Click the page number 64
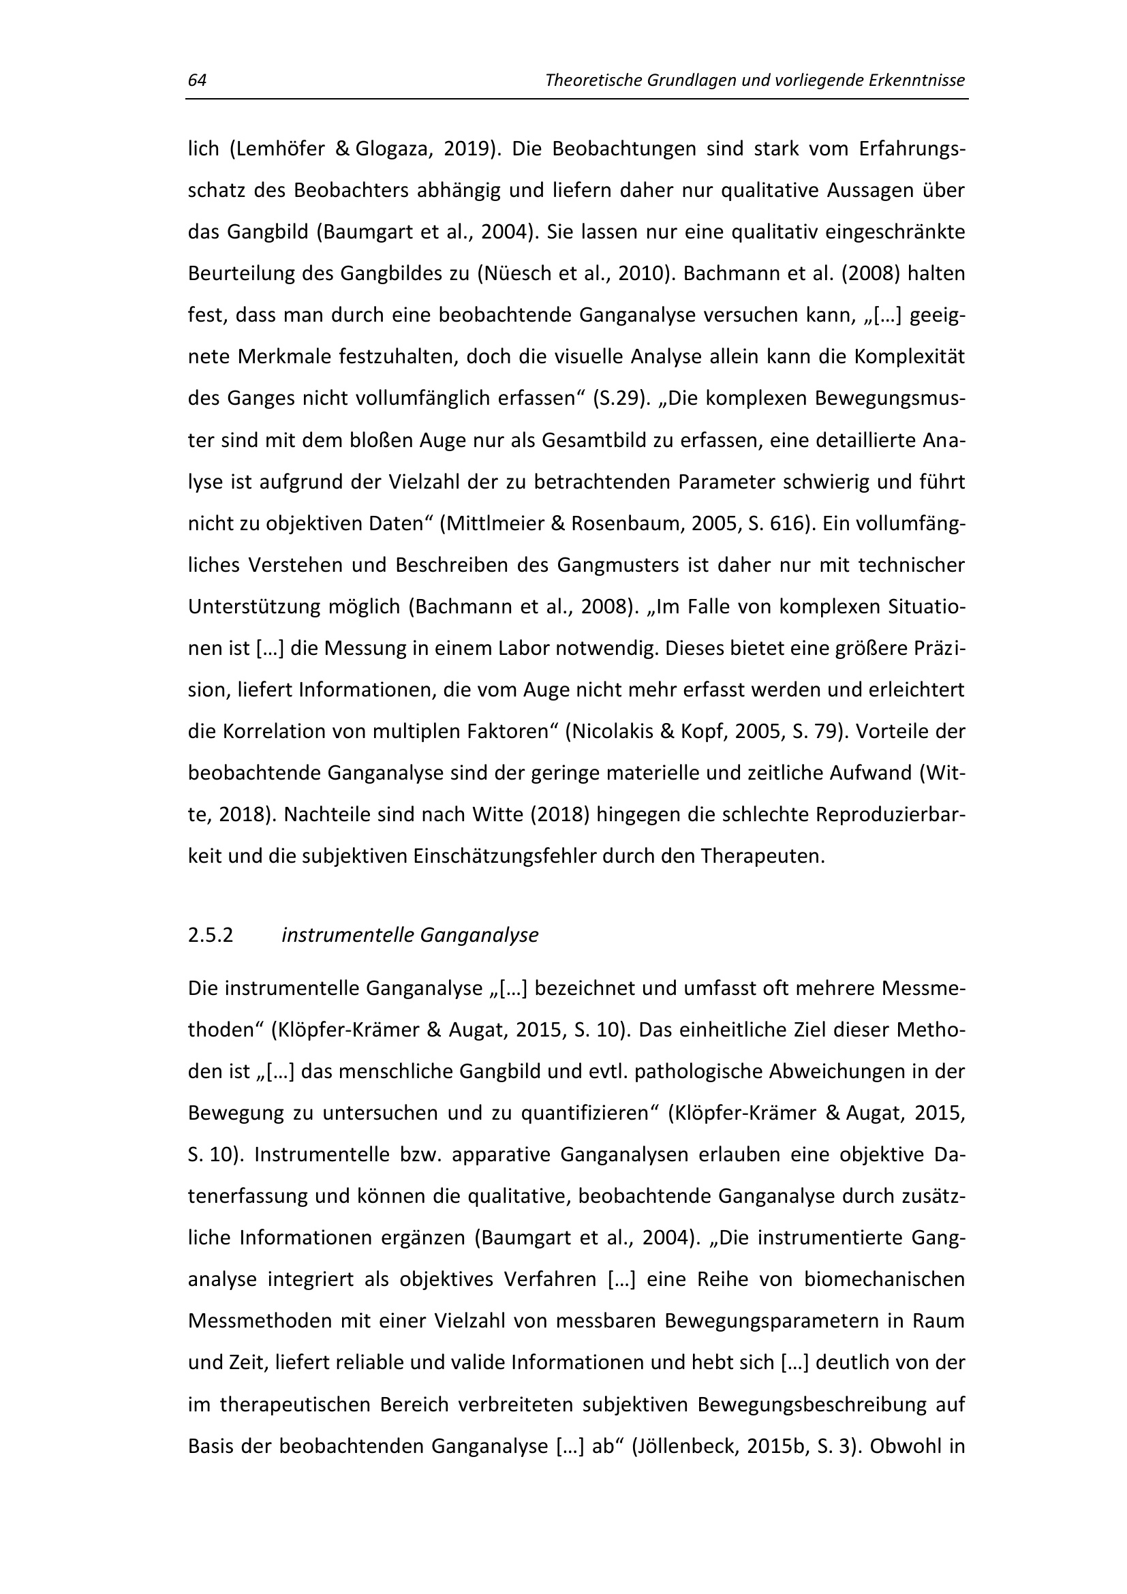pyautogui.click(x=197, y=80)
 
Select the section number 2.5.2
pyautogui.click(x=211, y=936)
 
